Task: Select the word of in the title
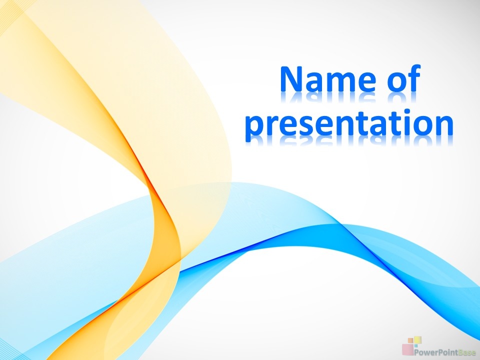point(404,78)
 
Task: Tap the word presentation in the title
point(349,123)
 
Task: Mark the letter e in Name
point(367,82)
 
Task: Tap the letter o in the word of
point(396,82)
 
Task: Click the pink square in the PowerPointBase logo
point(408,349)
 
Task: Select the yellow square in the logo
point(417,340)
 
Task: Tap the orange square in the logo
point(410,340)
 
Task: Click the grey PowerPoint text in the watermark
point(436,352)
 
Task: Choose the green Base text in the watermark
point(467,352)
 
